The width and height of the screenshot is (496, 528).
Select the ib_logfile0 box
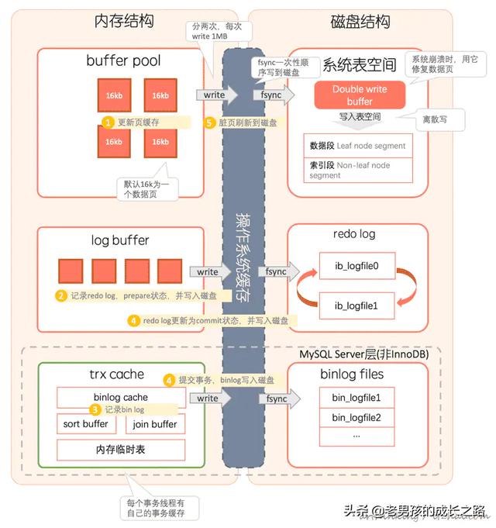[356, 264]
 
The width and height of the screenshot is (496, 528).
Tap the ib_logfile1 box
[356, 305]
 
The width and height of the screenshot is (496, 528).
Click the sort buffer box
[86, 424]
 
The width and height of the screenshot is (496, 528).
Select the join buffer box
[155, 424]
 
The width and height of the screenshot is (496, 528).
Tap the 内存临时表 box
[121, 450]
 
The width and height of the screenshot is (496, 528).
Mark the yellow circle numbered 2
[60, 295]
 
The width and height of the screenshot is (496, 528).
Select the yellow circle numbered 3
[95, 409]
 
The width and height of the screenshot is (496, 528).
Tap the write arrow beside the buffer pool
[212, 95]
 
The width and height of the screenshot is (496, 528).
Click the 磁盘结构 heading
[360, 21]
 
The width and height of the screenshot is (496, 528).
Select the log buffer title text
[119, 240]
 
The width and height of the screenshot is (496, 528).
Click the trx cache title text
[116, 374]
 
